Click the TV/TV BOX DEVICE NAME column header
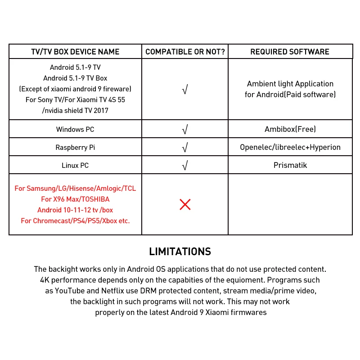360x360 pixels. [75, 52]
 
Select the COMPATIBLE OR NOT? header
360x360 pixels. [185, 52]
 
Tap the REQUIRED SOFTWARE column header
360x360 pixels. [290, 52]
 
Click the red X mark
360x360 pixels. [185, 205]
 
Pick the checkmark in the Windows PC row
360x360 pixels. [184, 130]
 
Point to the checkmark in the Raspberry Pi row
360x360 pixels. [184, 148]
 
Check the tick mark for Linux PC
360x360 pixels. [184, 166]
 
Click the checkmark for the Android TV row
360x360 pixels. [184, 90]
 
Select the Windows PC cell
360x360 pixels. [75, 130]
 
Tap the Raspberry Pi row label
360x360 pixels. [75, 148]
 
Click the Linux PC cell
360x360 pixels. [75, 166]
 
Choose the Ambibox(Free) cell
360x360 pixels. [290, 130]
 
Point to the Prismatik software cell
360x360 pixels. [290, 166]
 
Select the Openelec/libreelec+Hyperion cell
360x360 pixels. [290, 148]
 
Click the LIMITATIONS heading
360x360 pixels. [180, 252]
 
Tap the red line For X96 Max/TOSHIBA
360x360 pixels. [75, 199]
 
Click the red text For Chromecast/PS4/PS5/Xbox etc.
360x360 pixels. [75, 221]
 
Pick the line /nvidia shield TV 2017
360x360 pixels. [75, 111]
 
